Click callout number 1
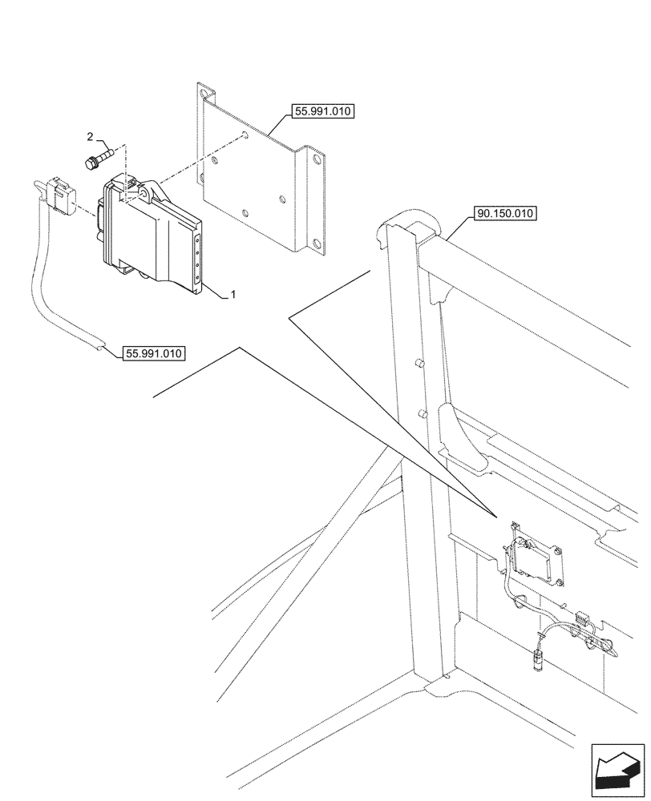pos(232,296)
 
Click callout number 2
pos(90,137)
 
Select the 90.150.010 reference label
pos(505,214)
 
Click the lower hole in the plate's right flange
pos(318,245)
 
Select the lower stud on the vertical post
pos(420,414)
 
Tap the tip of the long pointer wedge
pos(493,513)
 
